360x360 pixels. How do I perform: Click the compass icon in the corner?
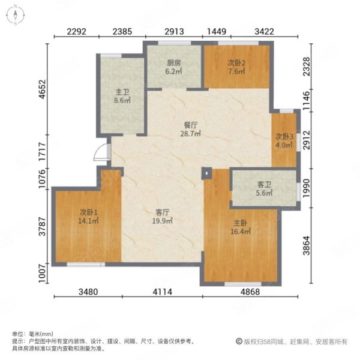(16, 16)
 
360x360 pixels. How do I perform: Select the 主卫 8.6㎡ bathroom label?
(122, 97)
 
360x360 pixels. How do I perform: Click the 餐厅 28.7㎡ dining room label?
(191, 129)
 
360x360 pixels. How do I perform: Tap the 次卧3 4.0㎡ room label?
(284, 141)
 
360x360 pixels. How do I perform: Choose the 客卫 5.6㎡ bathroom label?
(264, 189)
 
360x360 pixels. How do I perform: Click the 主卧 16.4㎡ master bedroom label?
(241, 227)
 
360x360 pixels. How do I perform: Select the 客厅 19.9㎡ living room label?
(163, 217)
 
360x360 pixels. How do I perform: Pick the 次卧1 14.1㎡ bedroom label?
(89, 217)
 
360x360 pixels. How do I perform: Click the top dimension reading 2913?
(174, 31)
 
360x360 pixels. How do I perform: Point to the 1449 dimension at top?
(217, 31)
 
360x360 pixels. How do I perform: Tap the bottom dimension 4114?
(163, 292)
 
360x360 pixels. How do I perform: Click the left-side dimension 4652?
(43, 89)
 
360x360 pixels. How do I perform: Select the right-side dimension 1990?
(306, 188)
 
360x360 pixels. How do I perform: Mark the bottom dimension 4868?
(250, 292)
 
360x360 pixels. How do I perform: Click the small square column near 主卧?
(206, 173)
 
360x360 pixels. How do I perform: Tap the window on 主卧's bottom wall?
(243, 284)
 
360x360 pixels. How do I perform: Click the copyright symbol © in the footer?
(239, 341)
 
